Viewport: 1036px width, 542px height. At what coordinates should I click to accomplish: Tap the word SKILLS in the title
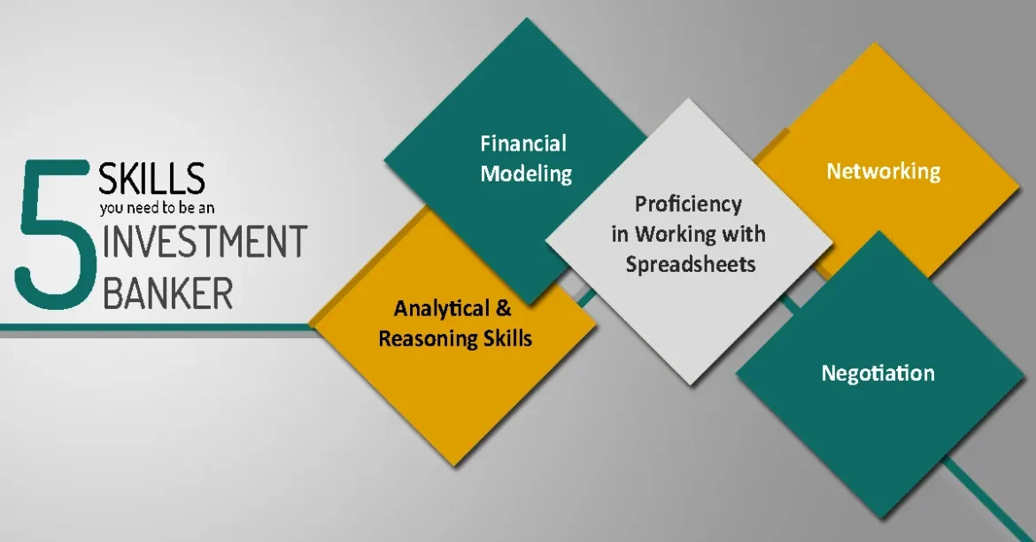click(152, 179)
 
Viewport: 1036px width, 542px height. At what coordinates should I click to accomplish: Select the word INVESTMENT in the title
click(205, 241)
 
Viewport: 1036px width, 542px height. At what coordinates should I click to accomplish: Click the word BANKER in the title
click(168, 292)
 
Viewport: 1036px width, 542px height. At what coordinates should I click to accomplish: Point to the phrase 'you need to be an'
click(158, 208)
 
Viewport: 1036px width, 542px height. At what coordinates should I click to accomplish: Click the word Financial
click(523, 143)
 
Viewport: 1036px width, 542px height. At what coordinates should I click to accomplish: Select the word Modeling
click(526, 174)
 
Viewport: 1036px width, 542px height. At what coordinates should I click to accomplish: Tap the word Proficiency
click(689, 205)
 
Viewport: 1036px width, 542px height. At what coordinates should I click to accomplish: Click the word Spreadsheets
click(691, 265)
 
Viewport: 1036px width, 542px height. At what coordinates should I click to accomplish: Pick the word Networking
click(884, 172)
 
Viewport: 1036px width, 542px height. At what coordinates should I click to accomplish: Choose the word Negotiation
click(878, 374)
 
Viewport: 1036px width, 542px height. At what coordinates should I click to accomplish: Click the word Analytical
click(441, 309)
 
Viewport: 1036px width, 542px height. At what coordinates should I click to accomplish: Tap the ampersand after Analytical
click(504, 308)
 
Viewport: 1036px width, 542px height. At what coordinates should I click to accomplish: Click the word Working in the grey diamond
click(676, 235)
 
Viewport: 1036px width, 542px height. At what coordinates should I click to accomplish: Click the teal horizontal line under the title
click(155, 327)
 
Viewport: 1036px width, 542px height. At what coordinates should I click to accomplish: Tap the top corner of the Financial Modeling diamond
click(527, 18)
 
